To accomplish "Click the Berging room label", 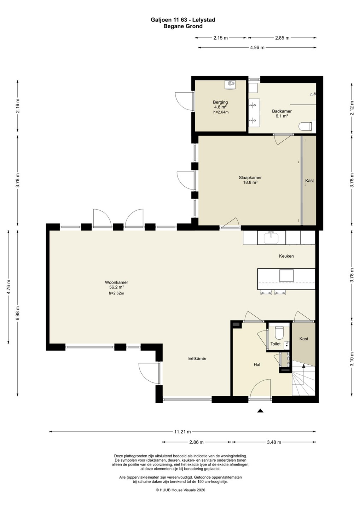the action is click(x=220, y=102).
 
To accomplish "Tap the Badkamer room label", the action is click(x=282, y=111).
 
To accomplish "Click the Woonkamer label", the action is click(x=116, y=282).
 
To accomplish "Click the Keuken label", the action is click(x=286, y=256).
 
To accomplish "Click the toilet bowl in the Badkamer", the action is click(x=305, y=127).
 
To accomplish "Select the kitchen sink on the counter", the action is click(x=271, y=238).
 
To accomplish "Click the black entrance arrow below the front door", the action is click(x=260, y=411).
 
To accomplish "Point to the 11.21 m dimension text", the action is click(x=183, y=432).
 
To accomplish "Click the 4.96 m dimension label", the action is click(x=257, y=48).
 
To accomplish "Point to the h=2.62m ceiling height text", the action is click(x=116, y=293).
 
